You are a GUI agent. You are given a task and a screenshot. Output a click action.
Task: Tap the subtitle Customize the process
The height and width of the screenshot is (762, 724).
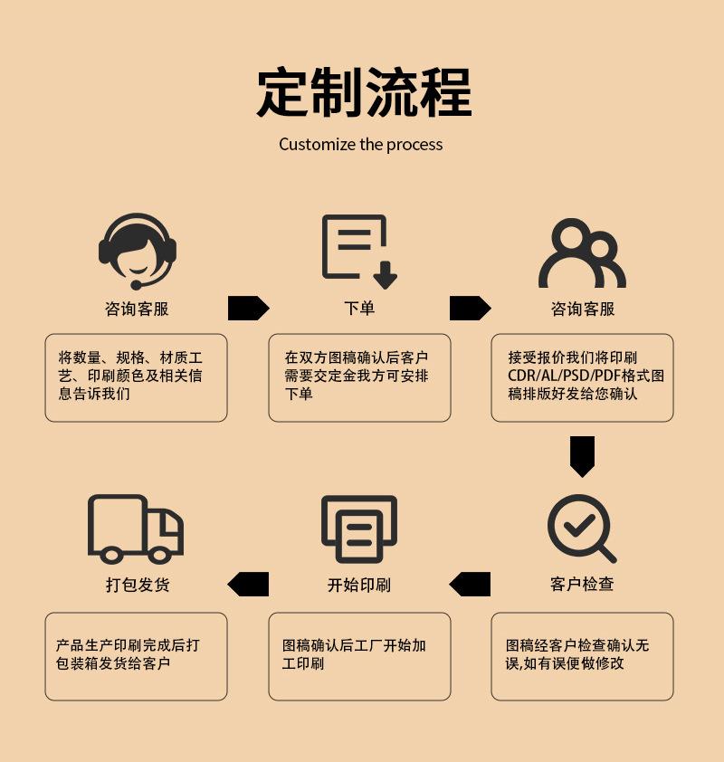(x=361, y=145)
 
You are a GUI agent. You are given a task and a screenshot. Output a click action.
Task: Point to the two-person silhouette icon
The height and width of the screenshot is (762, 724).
(x=582, y=253)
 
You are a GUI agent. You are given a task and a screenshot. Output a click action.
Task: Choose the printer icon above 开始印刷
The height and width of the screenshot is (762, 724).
(x=359, y=529)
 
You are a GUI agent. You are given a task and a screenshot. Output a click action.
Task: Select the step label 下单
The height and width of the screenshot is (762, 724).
(x=359, y=309)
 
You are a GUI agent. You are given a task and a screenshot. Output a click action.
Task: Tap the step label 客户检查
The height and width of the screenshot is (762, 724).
(x=582, y=585)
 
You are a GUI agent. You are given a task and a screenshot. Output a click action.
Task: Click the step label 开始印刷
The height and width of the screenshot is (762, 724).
(x=359, y=585)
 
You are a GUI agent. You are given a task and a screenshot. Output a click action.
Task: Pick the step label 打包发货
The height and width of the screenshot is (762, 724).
(x=138, y=585)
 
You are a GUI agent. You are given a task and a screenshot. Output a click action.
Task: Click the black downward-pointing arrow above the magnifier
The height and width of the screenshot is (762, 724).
(x=582, y=456)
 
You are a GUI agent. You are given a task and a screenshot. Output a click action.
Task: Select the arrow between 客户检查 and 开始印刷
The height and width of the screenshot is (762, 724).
(x=470, y=585)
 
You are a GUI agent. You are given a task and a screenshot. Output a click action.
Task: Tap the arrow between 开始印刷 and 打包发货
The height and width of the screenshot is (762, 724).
(x=248, y=585)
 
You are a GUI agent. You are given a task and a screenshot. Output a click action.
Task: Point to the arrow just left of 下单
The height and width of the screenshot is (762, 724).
(x=248, y=309)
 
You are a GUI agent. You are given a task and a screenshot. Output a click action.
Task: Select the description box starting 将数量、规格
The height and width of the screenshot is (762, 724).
(x=136, y=377)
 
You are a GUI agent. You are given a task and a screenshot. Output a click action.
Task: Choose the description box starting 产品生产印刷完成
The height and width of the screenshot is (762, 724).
(x=136, y=656)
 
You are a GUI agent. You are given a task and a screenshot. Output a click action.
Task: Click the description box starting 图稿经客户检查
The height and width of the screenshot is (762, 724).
(x=582, y=656)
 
